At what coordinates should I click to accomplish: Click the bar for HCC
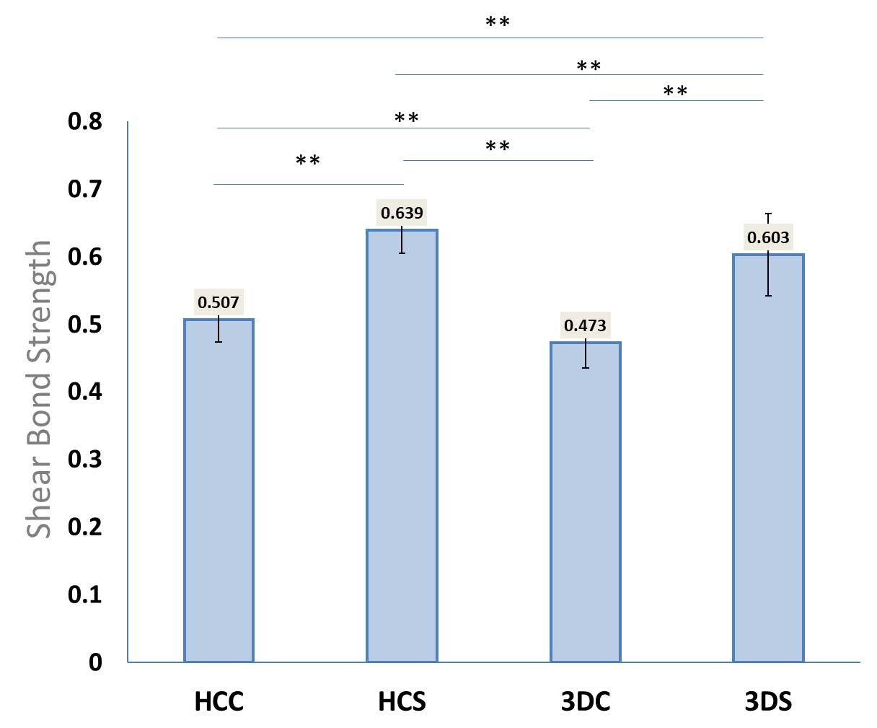point(219,491)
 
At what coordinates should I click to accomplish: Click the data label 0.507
point(219,302)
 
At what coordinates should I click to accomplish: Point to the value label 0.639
point(402,213)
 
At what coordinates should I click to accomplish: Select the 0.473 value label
point(585,325)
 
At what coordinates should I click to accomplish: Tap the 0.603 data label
point(768,237)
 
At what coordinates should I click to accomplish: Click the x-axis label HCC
point(219,702)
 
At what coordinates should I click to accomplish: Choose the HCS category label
point(402,702)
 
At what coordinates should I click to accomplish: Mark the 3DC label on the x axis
point(585,702)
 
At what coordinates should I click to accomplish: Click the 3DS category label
point(768,702)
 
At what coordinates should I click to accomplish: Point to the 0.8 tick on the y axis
point(85,121)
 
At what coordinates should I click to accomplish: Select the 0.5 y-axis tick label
point(85,325)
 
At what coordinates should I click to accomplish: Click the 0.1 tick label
point(85,595)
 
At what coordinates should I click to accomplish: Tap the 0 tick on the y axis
point(95,662)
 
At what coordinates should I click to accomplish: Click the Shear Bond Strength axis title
point(39,389)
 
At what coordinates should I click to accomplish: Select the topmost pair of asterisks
point(498,22)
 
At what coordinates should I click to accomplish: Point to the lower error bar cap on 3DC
point(586,368)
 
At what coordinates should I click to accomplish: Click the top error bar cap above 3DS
point(768,214)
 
